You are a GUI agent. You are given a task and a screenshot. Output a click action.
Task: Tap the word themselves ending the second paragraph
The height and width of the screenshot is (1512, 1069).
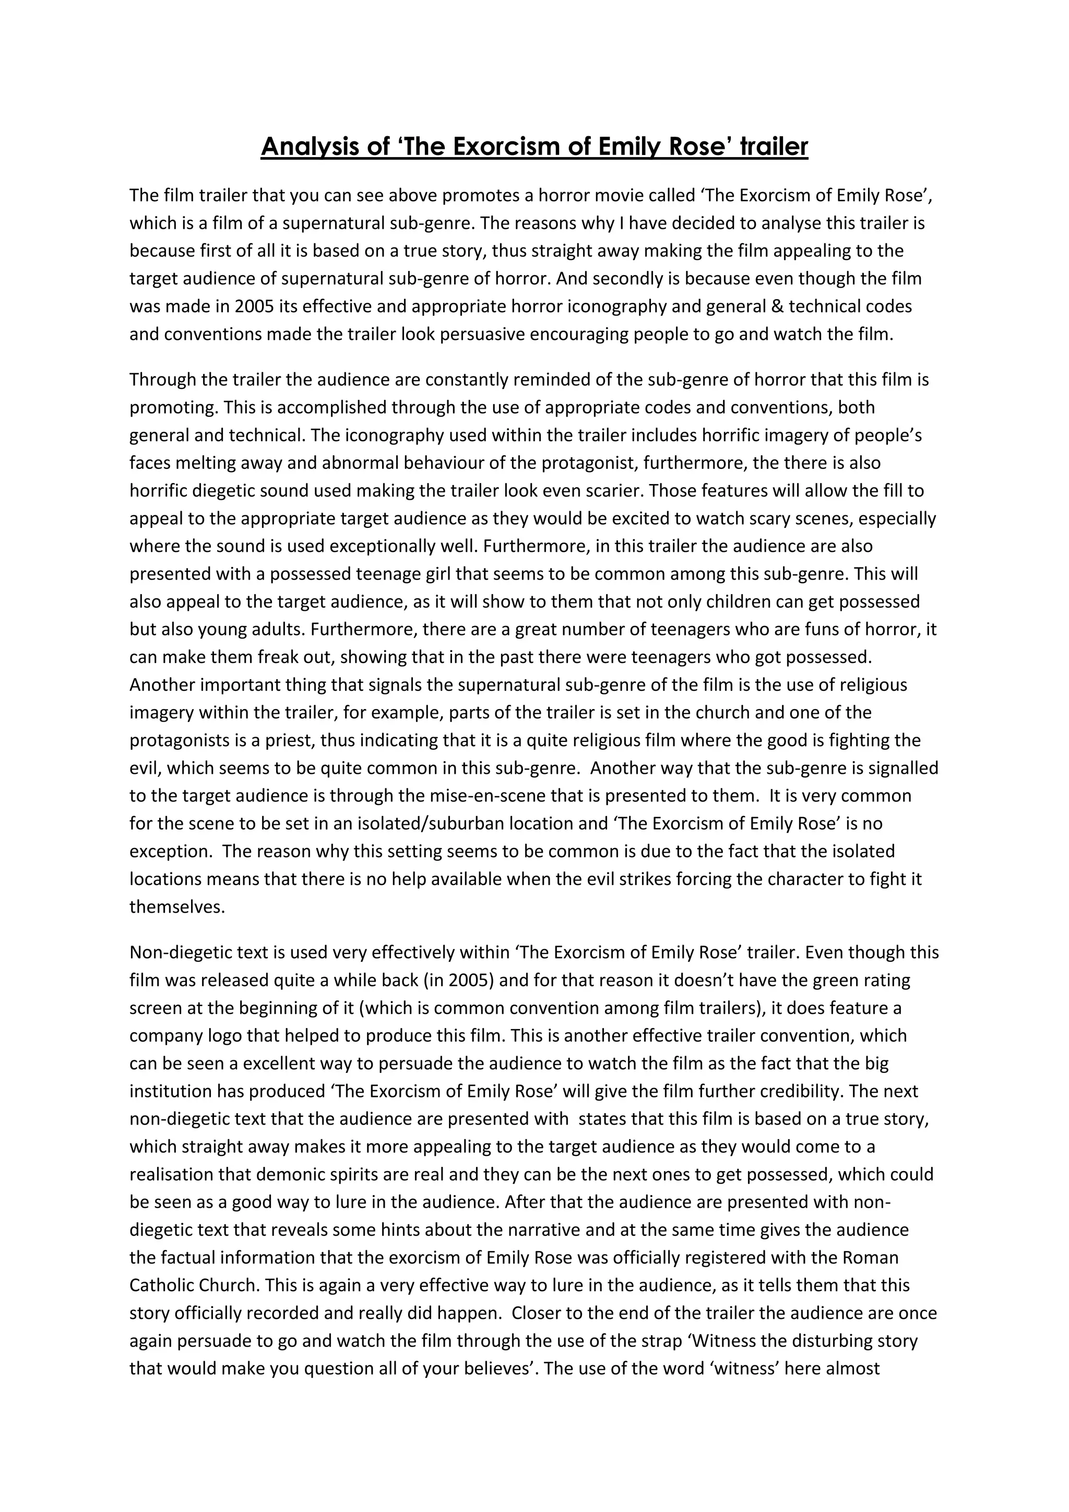177,907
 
